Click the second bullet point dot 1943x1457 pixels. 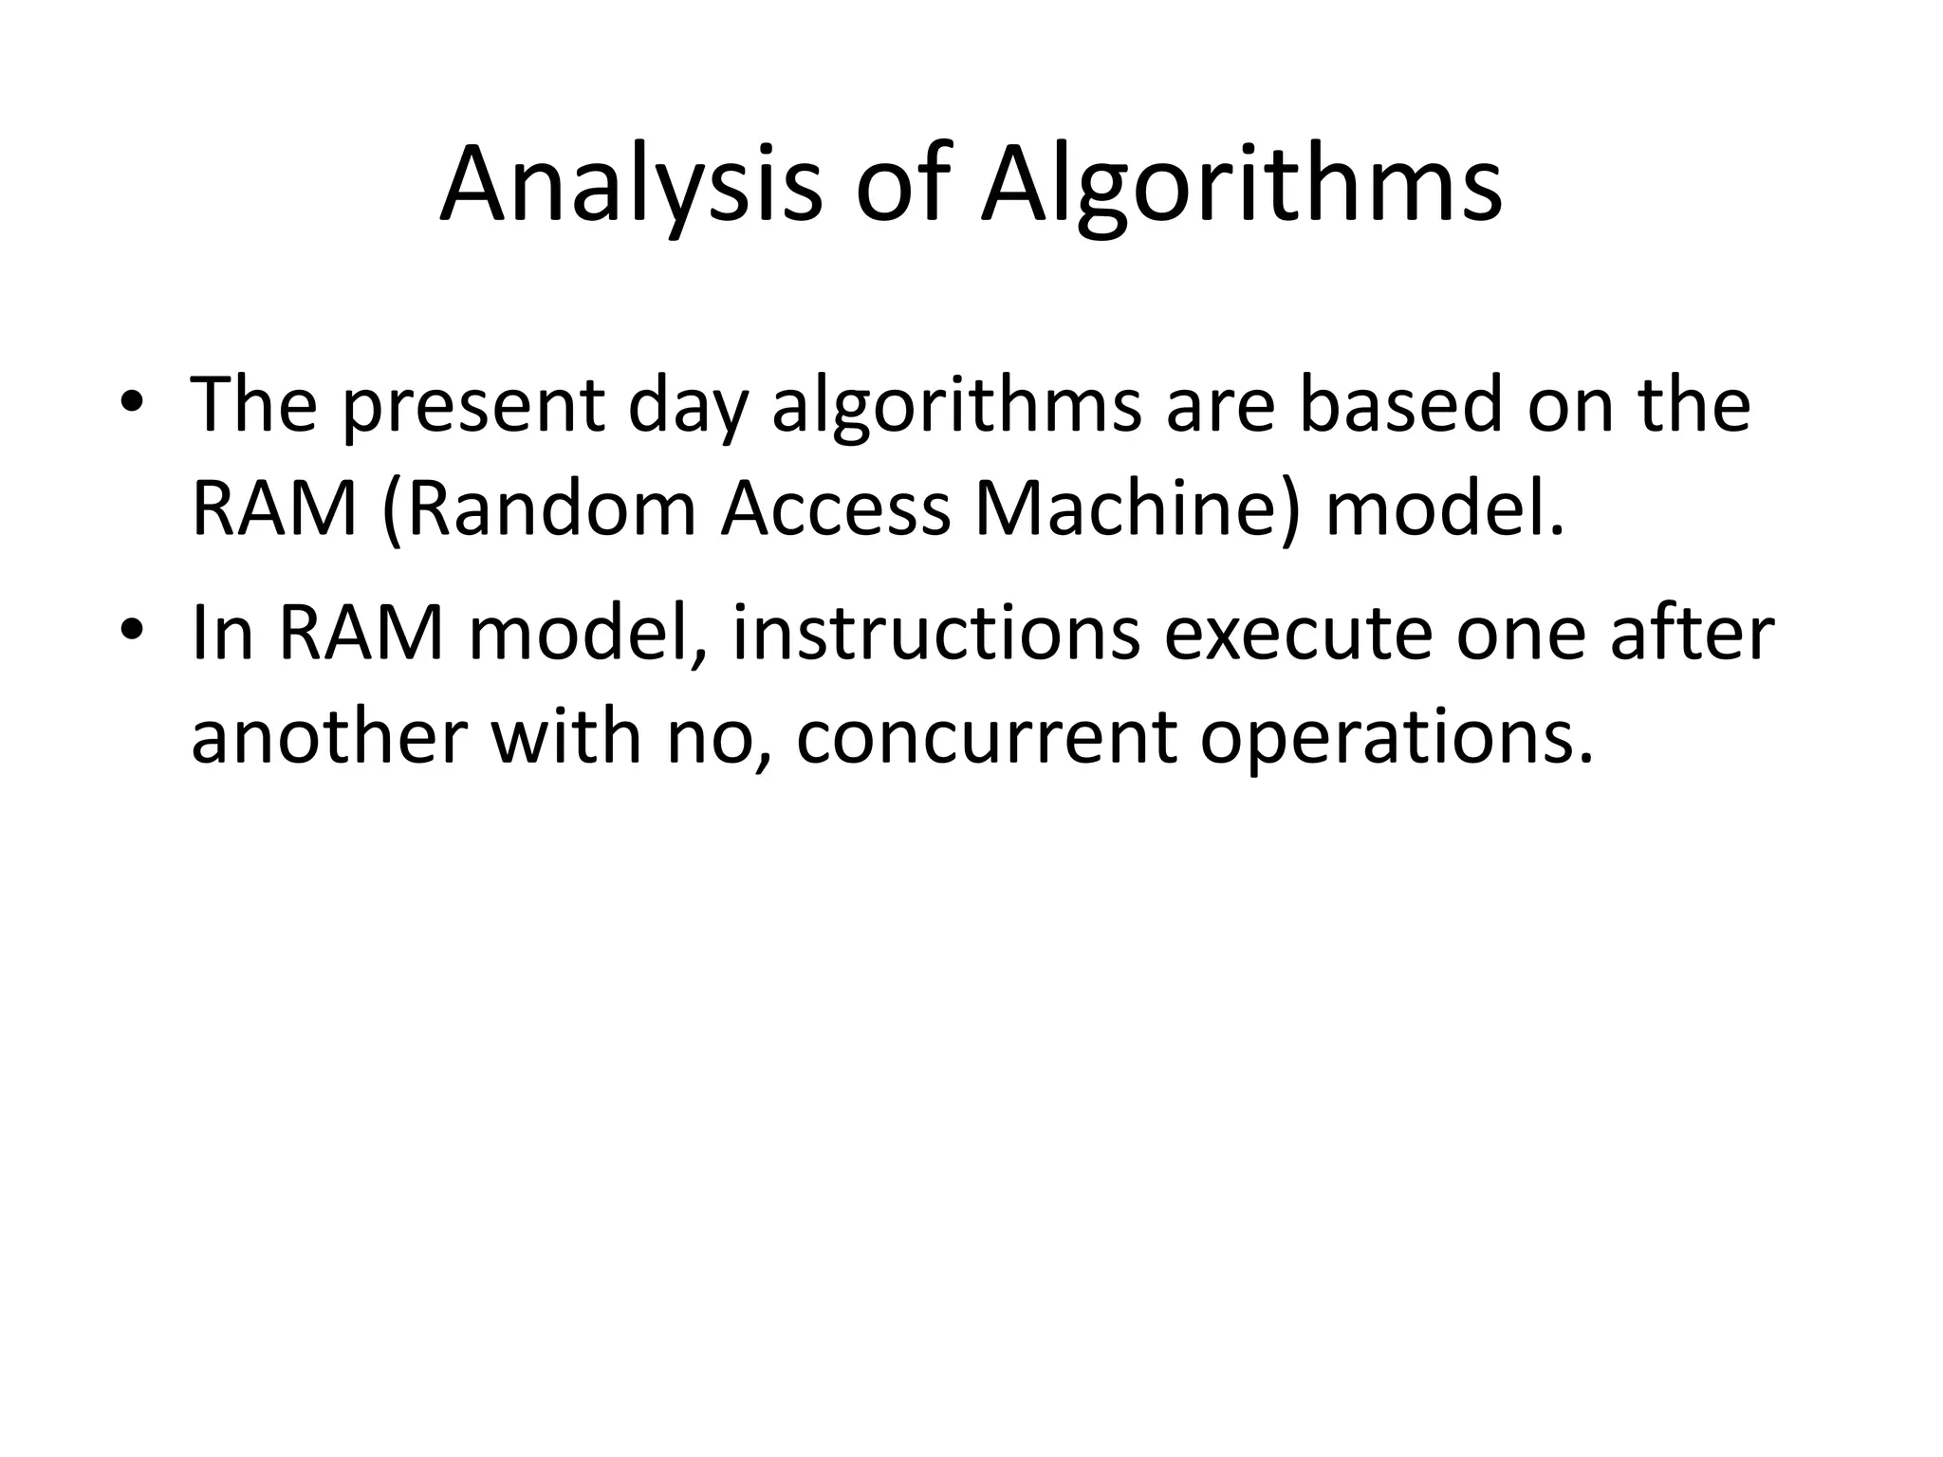(133, 630)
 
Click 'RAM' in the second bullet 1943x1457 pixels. (361, 634)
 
